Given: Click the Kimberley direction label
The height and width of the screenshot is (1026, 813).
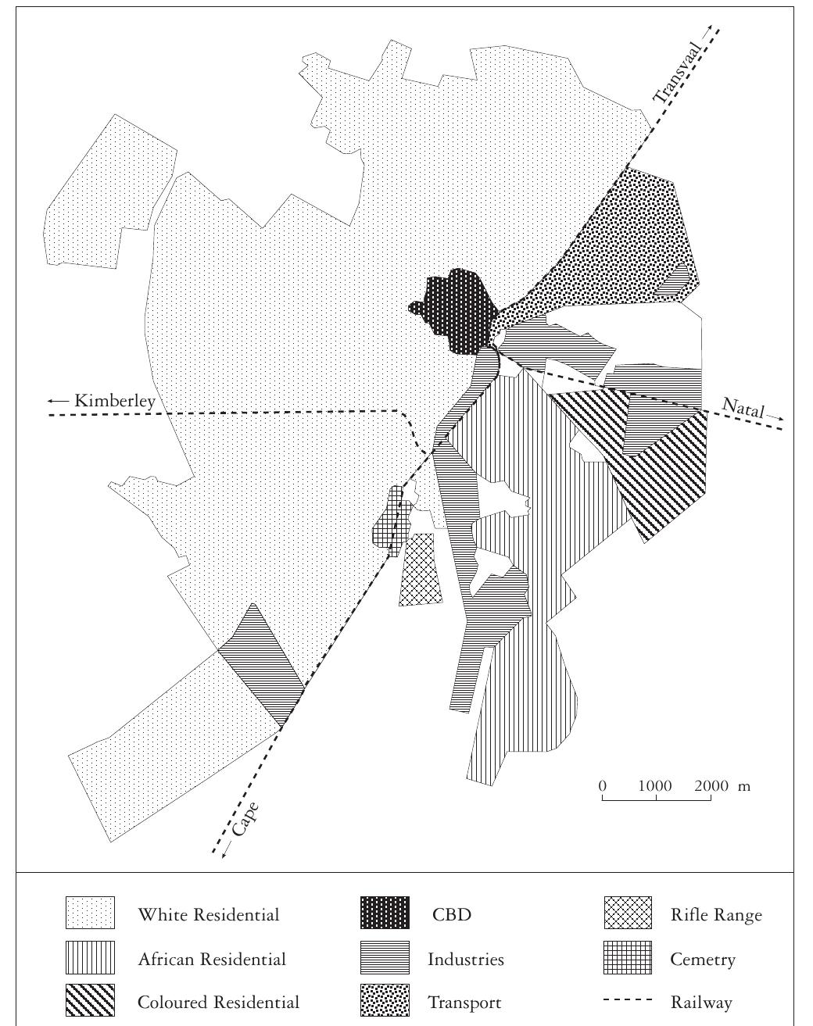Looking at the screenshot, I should [115, 401].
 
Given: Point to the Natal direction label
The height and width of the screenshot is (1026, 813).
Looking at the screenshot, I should [743, 409].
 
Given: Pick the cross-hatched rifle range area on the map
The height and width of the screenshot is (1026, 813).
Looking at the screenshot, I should [421, 570].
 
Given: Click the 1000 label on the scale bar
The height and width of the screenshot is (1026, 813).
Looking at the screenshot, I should [655, 785].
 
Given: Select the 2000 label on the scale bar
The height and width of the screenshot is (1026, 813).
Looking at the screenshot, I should [710, 785].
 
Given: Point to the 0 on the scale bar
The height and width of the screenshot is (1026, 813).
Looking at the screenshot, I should [603, 785].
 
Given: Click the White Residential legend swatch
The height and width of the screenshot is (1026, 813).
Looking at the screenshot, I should [90, 913].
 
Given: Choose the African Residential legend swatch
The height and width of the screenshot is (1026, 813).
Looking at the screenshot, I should [90, 958].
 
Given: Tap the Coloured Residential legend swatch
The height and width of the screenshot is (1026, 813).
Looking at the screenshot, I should [90, 1002].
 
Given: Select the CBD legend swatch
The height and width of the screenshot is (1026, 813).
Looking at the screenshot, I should [385, 913].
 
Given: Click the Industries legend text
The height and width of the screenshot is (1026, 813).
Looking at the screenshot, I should [465, 959].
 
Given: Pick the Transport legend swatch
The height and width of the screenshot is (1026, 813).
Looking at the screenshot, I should [385, 1002].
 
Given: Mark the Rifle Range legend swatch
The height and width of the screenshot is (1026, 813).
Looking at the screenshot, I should [628, 913].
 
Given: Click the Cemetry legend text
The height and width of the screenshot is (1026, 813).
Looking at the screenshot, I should [703, 959].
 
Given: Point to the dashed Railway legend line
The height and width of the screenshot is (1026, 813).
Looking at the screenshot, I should [628, 1002].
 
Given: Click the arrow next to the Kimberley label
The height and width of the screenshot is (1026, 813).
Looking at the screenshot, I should [57, 401].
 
